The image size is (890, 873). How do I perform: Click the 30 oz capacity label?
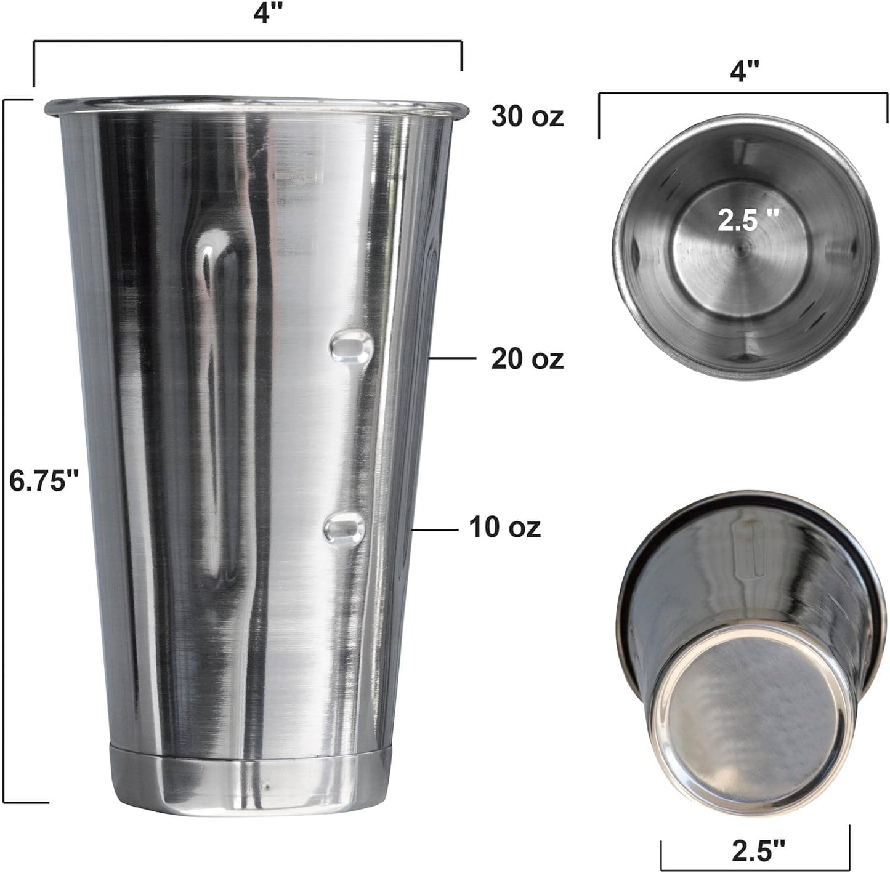click(x=527, y=115)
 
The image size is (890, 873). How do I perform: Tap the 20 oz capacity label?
click(x=527, y=358)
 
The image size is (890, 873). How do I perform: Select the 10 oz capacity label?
click(x=505, y=527)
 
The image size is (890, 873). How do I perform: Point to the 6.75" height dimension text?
click(x=45, y=480)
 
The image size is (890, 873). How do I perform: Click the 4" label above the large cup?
click(x=263, y=13)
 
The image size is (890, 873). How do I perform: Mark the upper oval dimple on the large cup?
click(x=352, y=346)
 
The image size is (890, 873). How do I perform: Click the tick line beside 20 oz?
click(x=452, y=358)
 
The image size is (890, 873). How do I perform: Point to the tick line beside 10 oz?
click(x=435, y=528)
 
